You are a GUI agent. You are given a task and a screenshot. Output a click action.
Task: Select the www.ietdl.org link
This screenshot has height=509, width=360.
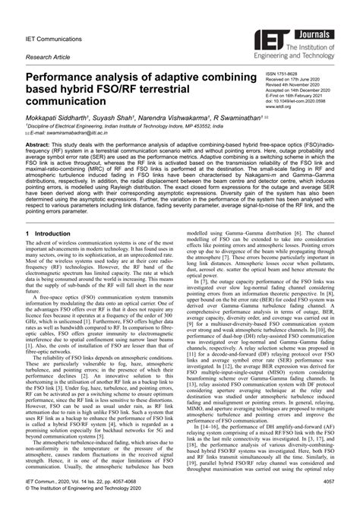278,108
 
